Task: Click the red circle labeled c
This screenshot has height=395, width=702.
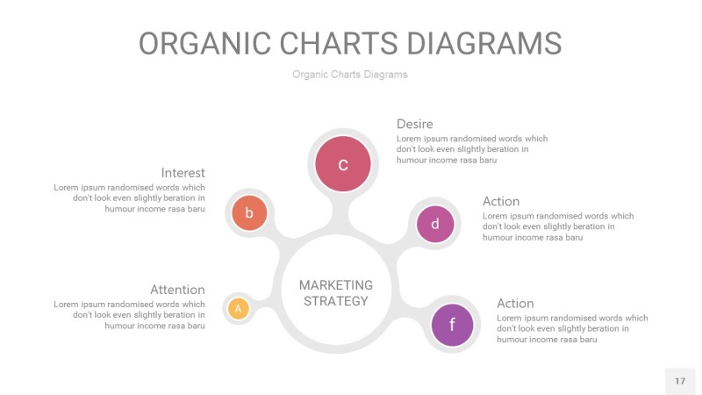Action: click(x=343, y=163)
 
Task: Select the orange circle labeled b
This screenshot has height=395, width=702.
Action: click(x=249, y=212)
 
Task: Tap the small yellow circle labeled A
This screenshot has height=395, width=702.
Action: click(x=238, y=308)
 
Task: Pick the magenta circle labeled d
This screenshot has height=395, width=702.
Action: click(x=435, y=224)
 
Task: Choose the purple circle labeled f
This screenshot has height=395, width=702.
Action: click(x=452, y=325)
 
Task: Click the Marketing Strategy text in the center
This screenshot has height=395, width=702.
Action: click(x=335, y=293)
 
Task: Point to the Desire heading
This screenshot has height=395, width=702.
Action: click(x=414, y=124)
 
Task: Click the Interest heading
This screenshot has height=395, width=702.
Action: click(x=183, y=173)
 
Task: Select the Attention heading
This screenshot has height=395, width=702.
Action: click(x=177, y=290)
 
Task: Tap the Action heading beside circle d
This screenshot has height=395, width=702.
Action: click(x=501, y=201)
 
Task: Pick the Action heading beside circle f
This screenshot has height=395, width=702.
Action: click(x=515, y=303)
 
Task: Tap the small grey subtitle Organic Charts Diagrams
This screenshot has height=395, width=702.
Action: click(x=350, y=75)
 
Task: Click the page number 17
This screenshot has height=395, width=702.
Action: click(x=680, y=381)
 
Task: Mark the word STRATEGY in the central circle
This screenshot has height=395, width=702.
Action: click(x=335, y=301)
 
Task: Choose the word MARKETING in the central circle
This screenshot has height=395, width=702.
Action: click(x=335, y=285)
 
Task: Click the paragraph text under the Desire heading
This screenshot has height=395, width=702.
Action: click(x=471, y=149)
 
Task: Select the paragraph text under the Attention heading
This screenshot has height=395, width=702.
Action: click(x=130, y=315)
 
